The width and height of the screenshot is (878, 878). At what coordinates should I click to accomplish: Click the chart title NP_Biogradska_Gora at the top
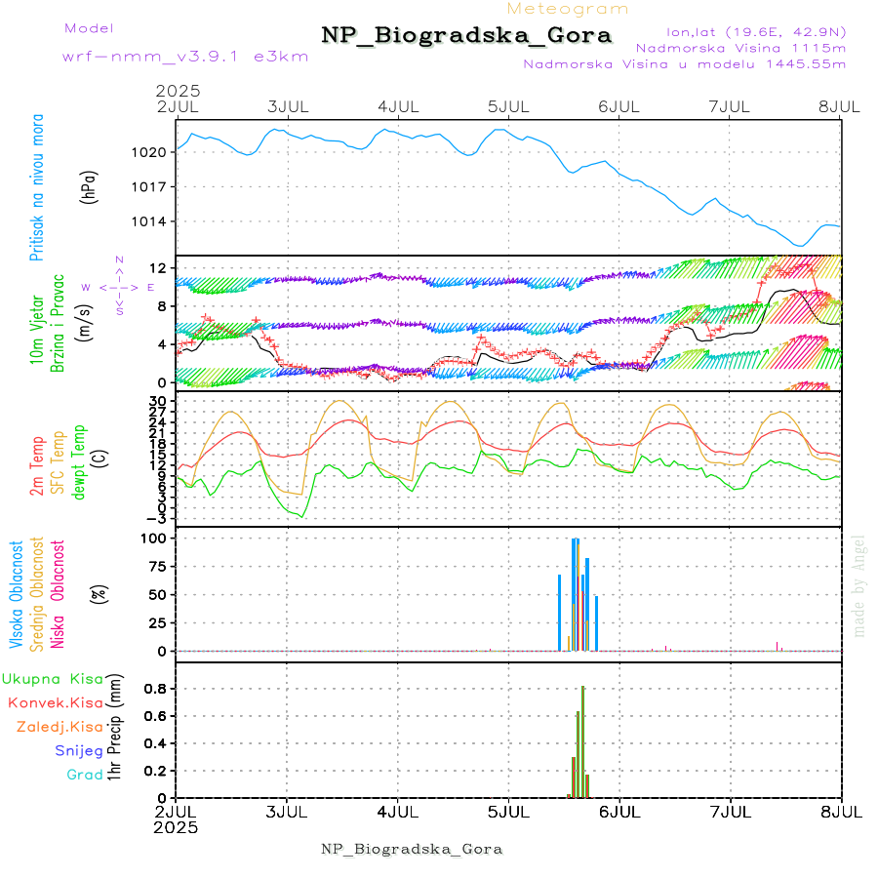click(x=466, y=36)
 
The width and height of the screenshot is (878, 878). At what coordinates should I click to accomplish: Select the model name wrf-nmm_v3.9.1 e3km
click(x=184, y=56)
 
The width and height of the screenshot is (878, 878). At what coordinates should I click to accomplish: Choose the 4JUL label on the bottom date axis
click(x=397, y=812)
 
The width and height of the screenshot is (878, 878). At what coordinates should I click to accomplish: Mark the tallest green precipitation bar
click(x=582, y=741)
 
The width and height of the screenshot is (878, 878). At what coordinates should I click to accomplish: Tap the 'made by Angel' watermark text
click(x=859, y=584)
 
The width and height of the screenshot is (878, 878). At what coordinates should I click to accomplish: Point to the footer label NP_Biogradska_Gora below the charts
click(x=412, y=849)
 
